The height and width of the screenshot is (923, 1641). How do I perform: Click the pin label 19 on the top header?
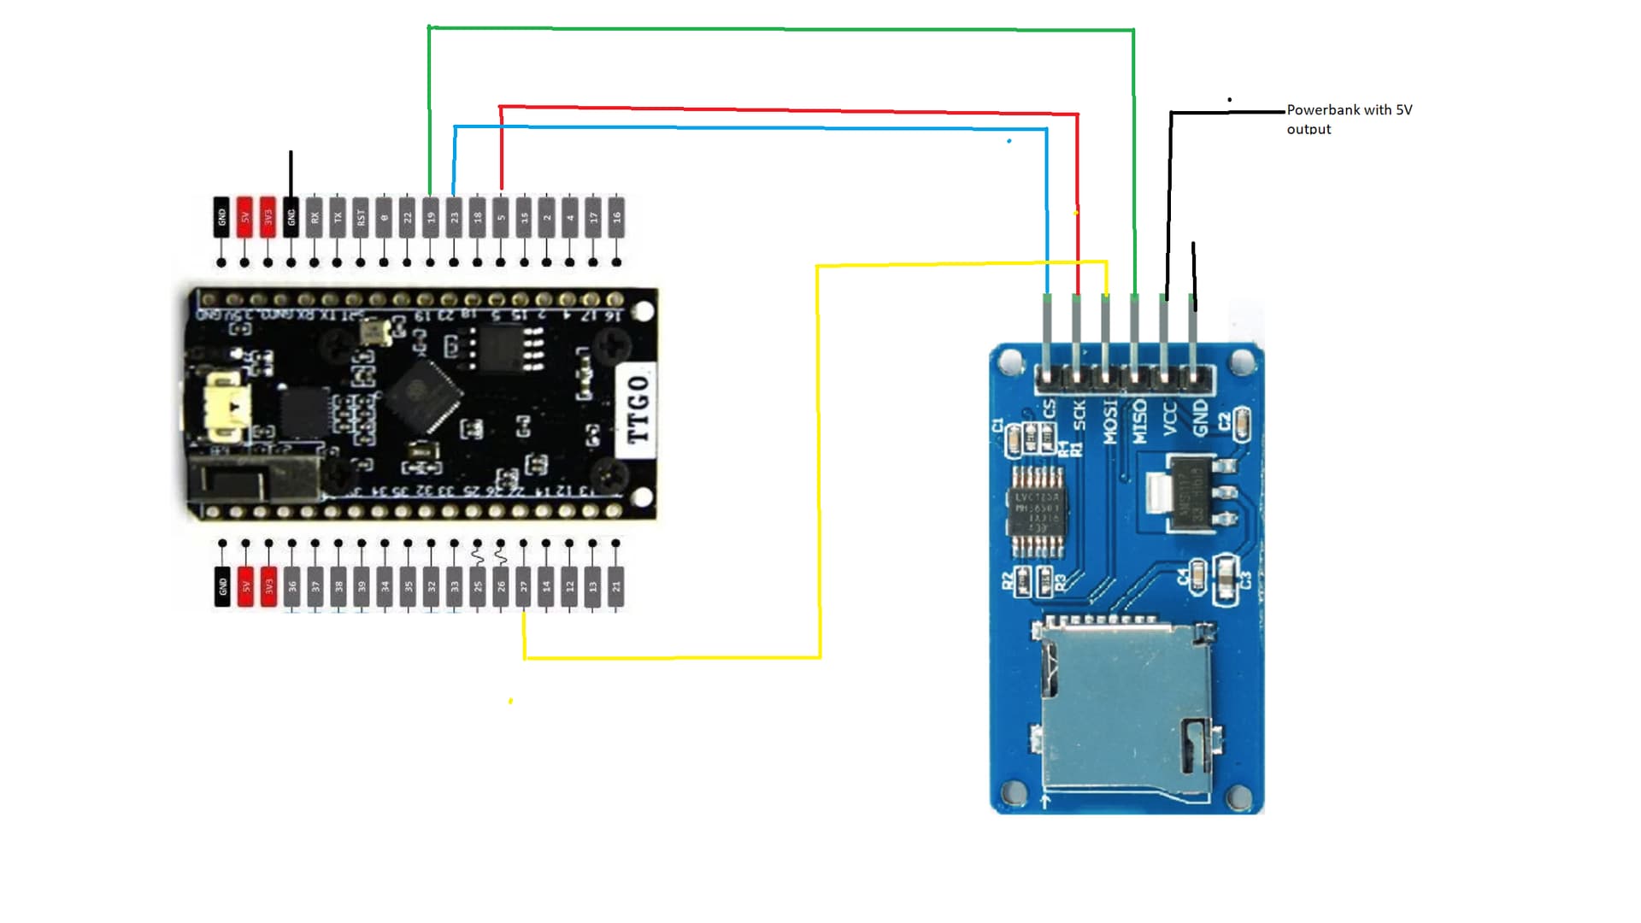click(x=431, y=217)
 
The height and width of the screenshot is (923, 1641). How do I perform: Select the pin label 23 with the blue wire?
click(x=454, y=217)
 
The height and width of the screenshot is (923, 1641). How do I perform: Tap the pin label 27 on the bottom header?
click(x=524, y=586)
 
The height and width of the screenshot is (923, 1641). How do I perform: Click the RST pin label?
click(x=361, y=217)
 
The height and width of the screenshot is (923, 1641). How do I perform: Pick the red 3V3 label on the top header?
click(x=268, y=217)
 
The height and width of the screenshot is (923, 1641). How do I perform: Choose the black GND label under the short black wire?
click(x=291, y=217)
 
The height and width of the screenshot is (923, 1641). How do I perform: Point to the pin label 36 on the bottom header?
click(x=292, y=586)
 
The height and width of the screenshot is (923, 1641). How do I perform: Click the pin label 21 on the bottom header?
click(x=616, y=586)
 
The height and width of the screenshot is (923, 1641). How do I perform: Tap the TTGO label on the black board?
click(x=638, y=409)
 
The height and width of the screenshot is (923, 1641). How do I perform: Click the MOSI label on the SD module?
click(x=1109, y=420)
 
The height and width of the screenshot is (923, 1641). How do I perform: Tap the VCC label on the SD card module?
click(x=1169, y=418)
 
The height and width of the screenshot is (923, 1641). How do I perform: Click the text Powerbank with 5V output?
click(x=1348, y=119)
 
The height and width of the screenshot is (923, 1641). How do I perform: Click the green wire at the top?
click(x=781, y=30)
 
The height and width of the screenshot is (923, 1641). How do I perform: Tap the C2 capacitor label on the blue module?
click(x=1224, y=420)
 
